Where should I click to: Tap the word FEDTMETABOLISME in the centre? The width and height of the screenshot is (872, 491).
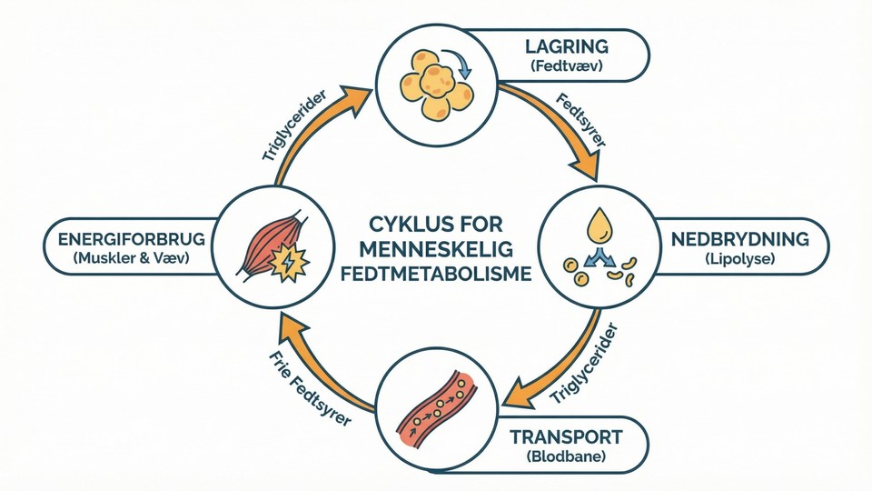(x=436, y=273)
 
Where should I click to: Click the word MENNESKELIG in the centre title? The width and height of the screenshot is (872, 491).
(x=436, y=248)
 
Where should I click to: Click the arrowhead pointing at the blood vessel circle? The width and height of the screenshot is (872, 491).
(x=516, y=395)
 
